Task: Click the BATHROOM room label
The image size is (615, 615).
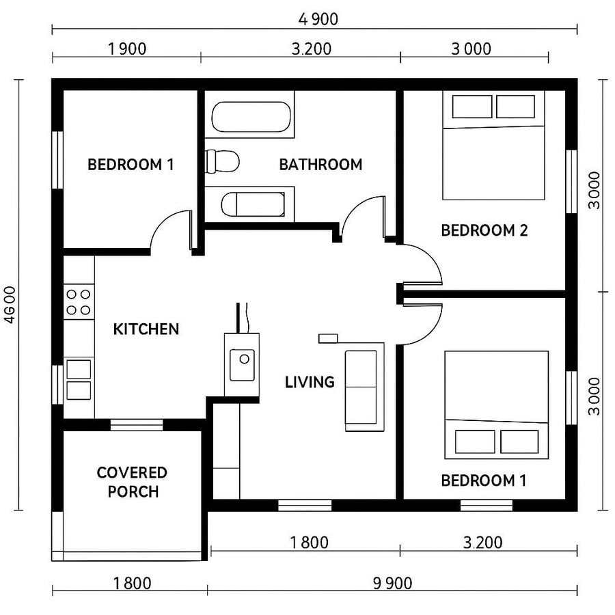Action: pyautogui.click(x=320, y=165)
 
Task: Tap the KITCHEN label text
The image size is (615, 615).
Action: pyautogui.click(x=146, y=329)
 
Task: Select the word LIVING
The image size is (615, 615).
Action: pyautogui.click(x=310, y=382)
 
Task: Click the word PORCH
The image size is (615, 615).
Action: pyautogui.click(x=133, y=491)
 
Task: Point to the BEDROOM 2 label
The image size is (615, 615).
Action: pyautogui.click(x=484, y=230)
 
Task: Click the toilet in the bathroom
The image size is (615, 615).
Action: pyautogui.click(x=223, y=161)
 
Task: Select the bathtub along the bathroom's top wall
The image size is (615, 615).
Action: pyautogui.click(x=251, y=117)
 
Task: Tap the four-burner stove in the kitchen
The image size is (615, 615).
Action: pyautogui.click(x=79, y=302)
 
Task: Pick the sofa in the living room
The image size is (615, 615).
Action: pyautogui.click(x=361, y=387)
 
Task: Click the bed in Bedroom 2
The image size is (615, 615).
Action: pyautogui.click(x=493, y=147)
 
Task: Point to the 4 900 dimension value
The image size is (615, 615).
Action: pyautogui.click(x=318, y=19)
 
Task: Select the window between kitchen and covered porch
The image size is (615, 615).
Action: pyautogui.click(x=137, y=425)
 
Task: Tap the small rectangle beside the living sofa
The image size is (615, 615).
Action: pyautogui.click(x=328, y=338)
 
